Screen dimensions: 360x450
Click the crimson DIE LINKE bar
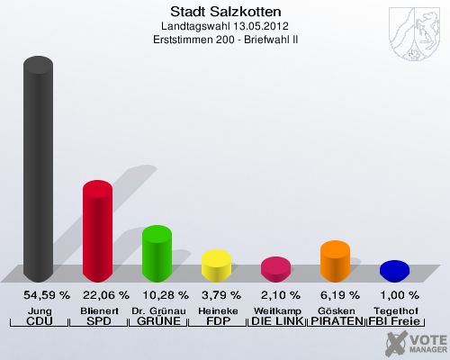coord(275,268)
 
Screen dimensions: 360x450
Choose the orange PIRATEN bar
coord(335,260)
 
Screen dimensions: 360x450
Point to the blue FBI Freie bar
coord(394,270)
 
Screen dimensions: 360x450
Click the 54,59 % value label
coord(45,295)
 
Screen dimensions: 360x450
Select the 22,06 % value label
coord(105,295)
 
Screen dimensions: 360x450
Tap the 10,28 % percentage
coord(165,295)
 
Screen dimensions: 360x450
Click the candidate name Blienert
coord(98,310)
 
